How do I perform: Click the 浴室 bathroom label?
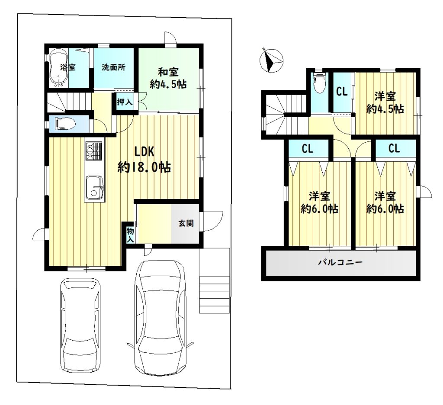point(68,67)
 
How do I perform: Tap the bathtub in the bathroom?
point(58,68)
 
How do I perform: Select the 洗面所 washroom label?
point(113,67)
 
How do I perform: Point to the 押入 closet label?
point(125,102)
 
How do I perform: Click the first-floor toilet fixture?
point(66,124)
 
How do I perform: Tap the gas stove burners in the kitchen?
point(94,151)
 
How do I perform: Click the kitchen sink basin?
point(94,188)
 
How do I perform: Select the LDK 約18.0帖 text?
point(144,160)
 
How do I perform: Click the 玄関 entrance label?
point(186,223)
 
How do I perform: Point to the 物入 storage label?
point(130,236)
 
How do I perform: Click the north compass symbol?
point(271,60)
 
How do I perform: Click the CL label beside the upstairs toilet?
point(342,92)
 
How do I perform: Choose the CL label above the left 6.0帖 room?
point(308,148)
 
